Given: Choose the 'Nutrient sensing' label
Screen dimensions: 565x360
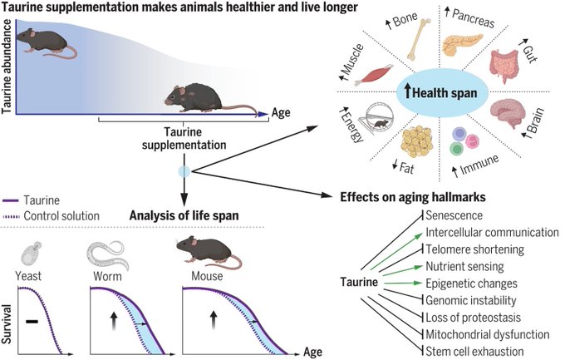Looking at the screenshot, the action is point(464,267).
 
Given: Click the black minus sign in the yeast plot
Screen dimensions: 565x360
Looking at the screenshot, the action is point(32,317).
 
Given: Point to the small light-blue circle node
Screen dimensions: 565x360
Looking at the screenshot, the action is point(184,171).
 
